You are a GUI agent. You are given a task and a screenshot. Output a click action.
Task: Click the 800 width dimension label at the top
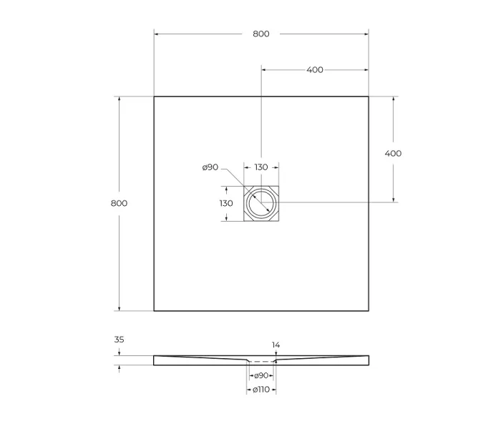pyautogui.click(x=261, y=34)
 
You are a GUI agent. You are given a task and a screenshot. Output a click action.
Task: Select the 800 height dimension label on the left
pyautogui.click(x=119, y=203)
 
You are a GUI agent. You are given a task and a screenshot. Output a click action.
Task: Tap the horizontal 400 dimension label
pyautogui.click(x=314, y=69)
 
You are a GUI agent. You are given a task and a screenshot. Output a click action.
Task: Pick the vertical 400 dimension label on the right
pyautogui.click(x=393, y=153)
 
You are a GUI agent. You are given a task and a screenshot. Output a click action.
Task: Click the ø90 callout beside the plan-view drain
pyautogui.click(x=210, y=167)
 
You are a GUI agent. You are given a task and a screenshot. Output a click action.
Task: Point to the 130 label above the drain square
pyautogui.click(x=261, y=167)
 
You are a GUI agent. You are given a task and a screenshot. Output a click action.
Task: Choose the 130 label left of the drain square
pyautogui.click(x=226, y=203)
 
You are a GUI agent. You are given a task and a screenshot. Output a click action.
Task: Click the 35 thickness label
pyautogui.click(x=119, y=340)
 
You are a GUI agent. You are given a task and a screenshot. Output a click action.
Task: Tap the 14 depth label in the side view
pyautogui.click(x=276, y=345)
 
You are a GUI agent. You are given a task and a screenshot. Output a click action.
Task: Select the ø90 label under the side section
pyautogui.click(x=261, y=375)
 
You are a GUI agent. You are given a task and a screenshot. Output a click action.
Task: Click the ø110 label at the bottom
pyautogui.click(x=261, y=389)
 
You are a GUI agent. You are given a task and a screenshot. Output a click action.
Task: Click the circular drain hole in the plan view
pyautogui.click(x=261, y=204)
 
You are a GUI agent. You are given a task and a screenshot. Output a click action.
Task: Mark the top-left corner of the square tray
pyautogui.click(x=154, y=97)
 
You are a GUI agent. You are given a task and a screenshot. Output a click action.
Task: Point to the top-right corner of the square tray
pyautogui.click(x=369, y=97)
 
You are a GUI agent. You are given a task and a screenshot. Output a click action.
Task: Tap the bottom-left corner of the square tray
pyautogui.click(x=154, y=311)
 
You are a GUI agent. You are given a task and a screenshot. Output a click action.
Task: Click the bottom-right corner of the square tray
pyautogui.click(x=369, y=311)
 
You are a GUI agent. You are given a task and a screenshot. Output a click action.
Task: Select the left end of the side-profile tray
pyautogui.click(x=155, y=360)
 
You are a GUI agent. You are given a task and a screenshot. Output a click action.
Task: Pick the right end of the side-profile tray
pyautogui.click(x=368, y=360)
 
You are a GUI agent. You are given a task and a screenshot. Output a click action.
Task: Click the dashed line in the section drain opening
pyautogui.click(x=261, y=363)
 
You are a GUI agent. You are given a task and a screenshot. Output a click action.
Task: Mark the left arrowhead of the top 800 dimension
pyautogui.click(x=157, y=34)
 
